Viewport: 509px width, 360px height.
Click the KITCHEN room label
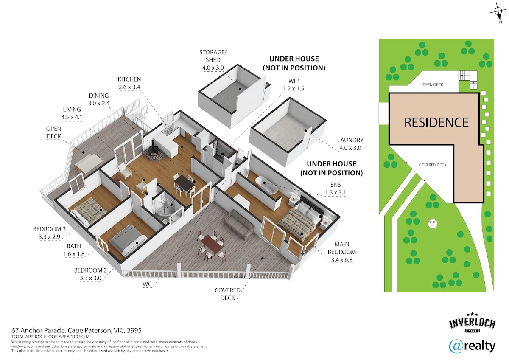(x=130, y=79)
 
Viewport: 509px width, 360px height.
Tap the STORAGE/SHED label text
(x=213, y=56)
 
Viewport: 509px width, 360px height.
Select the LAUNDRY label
(x=350, y=140)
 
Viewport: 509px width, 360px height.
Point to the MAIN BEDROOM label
(x=345, y=248)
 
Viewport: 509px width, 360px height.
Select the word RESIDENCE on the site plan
(x=436, y=122)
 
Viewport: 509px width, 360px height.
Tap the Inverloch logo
(x=472, y=324)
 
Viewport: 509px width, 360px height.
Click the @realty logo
(x=472, y=346)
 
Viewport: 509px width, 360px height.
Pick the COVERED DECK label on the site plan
(x=433, y=165)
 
